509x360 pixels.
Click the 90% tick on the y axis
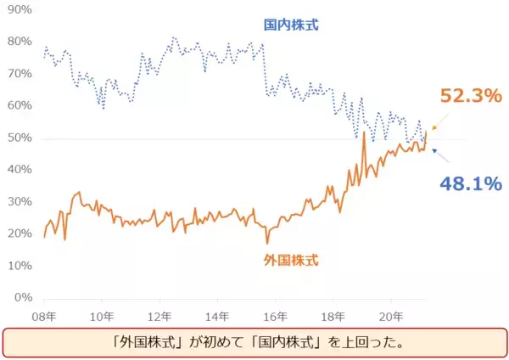pos(18,9)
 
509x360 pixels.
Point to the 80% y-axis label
pos(18,42)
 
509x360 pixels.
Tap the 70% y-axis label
pos(18,74)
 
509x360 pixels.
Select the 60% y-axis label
pos(18,106)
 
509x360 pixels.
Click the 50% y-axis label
pos(18,138)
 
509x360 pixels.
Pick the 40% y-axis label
pos(18,170)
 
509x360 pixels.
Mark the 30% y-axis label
pos(18,202)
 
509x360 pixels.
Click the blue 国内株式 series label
pos(290,26)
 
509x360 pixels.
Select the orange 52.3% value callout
pos(471,97)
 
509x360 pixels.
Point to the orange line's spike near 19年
pos(364,133)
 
